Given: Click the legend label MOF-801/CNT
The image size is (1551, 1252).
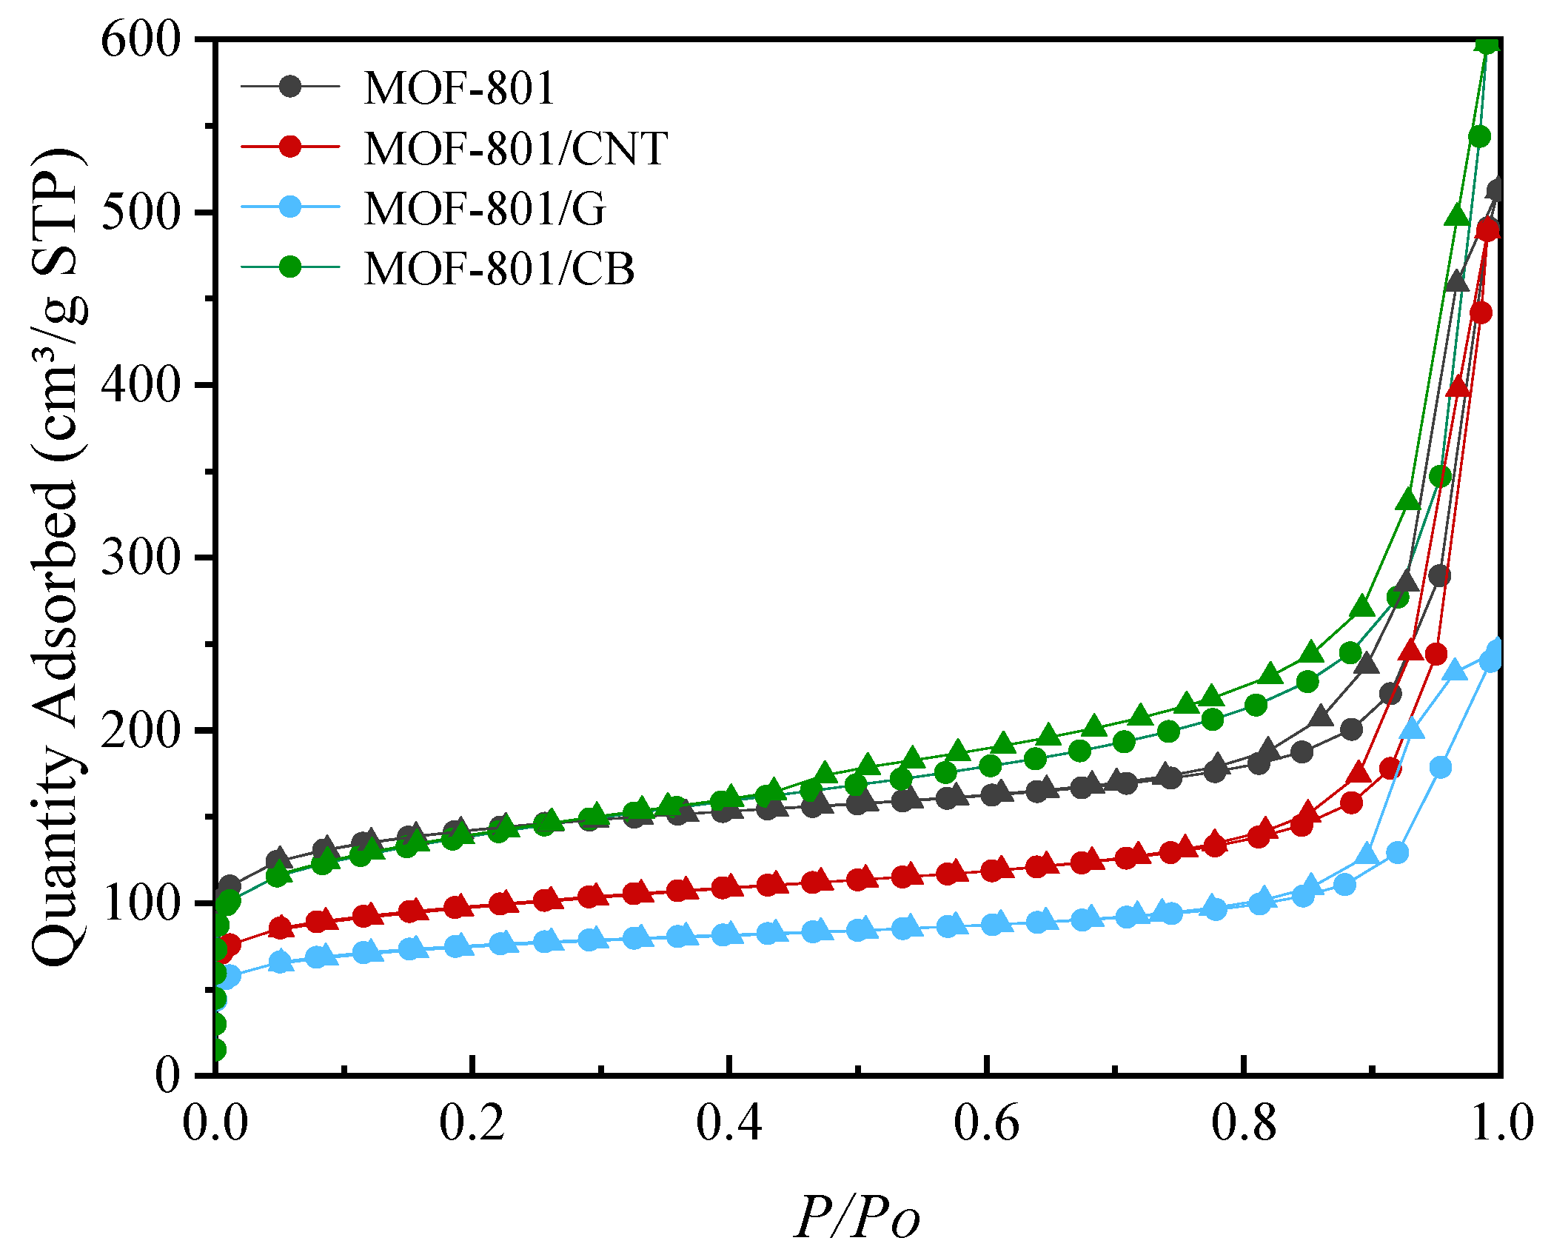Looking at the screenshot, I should click(x=515, y=148).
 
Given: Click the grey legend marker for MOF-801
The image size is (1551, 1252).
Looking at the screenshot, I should click(x=290, y=87).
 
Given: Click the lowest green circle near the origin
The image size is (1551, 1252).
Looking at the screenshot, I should click(x=216, y=1049).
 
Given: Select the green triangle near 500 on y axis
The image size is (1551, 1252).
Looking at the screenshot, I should click(x=1457, y=215).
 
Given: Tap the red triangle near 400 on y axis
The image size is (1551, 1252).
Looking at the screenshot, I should click(x=1458, y=386).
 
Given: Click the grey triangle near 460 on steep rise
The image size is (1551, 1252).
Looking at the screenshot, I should click(x=1456, y=281).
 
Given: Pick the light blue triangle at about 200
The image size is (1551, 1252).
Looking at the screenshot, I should click(x=1413, y=729).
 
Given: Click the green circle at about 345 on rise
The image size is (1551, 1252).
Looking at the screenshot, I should click(x=1440, y=476).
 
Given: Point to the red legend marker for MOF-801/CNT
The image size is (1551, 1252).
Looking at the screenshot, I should click(x=290, y=147).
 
